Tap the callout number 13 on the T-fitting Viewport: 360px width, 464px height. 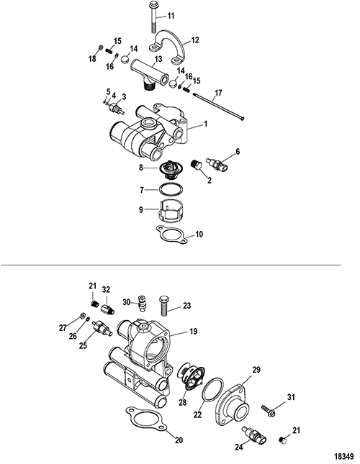pyautogui.click(x=158, y=59)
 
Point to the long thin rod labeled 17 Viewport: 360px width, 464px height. pyautogui.click(x=218, y=106)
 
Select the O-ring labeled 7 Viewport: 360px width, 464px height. pyautogui.click(x=171, y=189)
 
